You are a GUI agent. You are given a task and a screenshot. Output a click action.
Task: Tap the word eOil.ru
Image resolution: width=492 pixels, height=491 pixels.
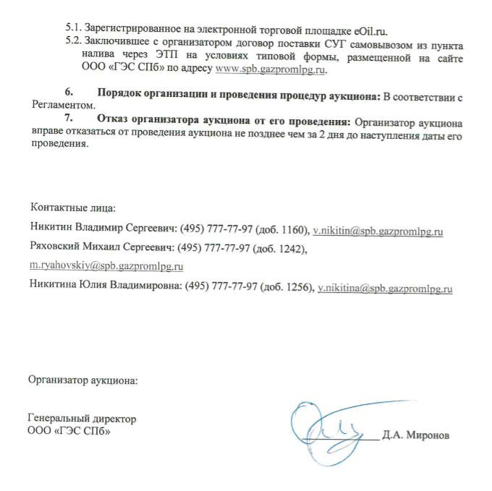pyautogui.click(x=368, y=30)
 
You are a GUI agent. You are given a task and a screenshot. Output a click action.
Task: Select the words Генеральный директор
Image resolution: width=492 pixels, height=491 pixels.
pyautogui.click(x=82, y=419)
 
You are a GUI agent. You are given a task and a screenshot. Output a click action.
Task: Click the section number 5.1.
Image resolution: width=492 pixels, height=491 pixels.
pyautogui.click(x=72, y=30)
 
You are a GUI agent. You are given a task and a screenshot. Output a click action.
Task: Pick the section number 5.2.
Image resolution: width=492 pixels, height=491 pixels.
pyautogui.click(x=72, y=44)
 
